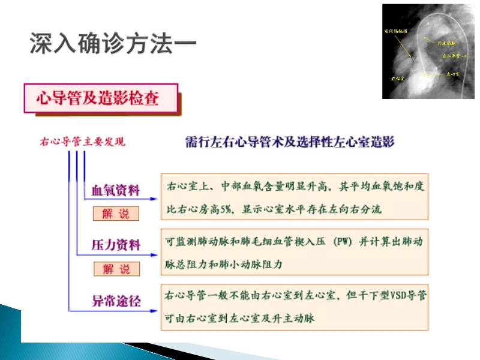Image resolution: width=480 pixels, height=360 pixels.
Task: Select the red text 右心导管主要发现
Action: coord(82,142)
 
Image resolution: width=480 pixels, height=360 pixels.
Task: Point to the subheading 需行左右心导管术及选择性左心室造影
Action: coord(290,142)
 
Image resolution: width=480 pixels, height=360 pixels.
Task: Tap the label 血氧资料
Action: coord(116,191)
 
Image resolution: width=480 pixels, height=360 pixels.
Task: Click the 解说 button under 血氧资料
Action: coord(116,214)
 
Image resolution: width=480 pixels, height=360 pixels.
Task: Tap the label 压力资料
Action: coord(116,245)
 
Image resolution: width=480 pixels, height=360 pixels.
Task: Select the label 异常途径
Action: coord(116,300)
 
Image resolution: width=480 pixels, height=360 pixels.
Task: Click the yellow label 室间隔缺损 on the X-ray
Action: coord(395,30)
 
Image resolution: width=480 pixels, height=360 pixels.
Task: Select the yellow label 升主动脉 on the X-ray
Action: coord(448,44)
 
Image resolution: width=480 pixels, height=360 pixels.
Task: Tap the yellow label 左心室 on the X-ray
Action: coord(452,74)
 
